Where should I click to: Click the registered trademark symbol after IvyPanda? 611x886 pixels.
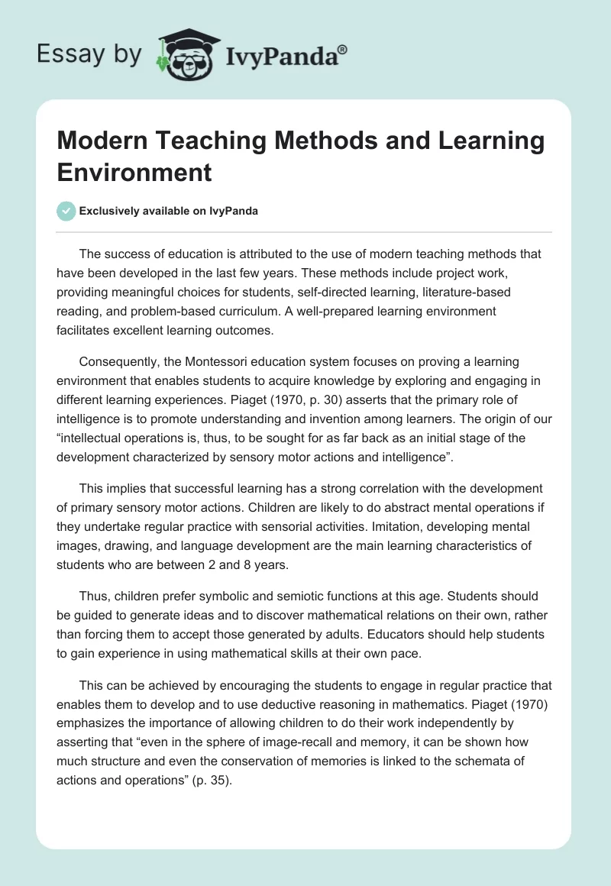tap(343, 49)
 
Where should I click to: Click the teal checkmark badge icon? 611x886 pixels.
tap(66, 211)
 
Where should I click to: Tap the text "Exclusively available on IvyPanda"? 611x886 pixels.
tap(170, 212)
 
